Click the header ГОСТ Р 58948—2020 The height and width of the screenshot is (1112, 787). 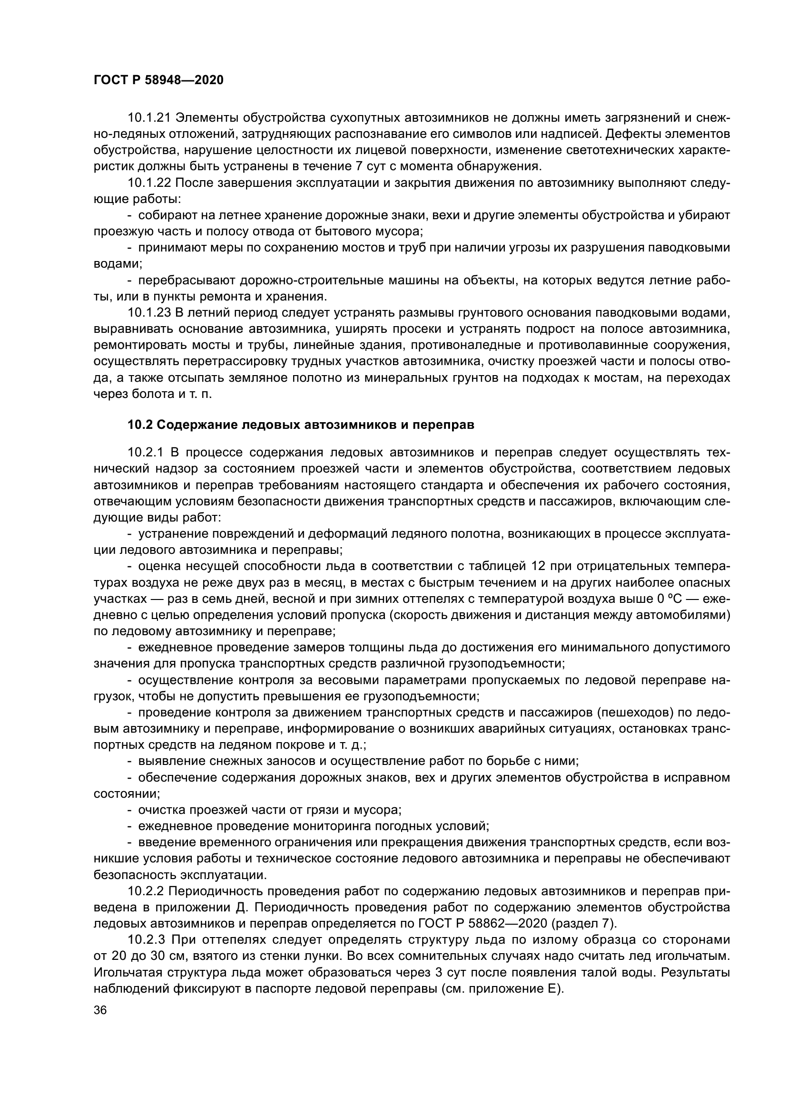[158, 80]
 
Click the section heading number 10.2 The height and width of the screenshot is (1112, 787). [140, 425]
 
